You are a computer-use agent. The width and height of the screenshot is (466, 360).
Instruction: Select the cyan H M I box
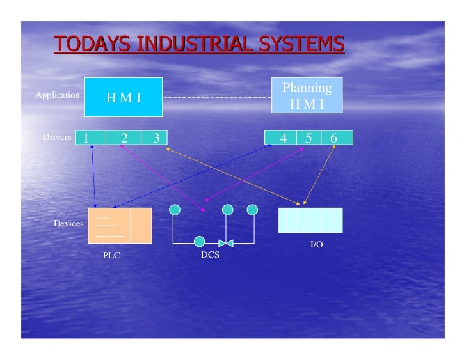tap(124, 97)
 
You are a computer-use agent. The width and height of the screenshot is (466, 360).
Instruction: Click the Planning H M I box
tap(307, 95)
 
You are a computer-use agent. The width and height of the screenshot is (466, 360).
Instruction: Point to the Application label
tap(58, 95)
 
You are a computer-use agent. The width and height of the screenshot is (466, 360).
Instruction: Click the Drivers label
tap(57, 137)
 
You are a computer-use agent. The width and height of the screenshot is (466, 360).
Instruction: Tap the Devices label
tap(68, 223)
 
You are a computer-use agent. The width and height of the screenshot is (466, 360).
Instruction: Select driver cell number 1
tap(90, 137)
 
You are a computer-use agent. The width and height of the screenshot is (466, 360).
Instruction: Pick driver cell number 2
tap(124, 137)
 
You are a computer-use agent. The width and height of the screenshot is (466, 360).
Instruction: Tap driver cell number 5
tap(308, 137)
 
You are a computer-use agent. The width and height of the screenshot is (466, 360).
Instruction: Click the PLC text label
tap(111, 255)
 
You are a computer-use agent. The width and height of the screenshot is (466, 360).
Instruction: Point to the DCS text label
tap(210, 254)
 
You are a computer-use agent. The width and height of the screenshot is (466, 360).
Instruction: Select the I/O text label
tap(316, 245)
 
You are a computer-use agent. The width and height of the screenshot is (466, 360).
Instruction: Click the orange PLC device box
tap(120, 225)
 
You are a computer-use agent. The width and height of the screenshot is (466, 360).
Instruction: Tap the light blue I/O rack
tap(310, 220)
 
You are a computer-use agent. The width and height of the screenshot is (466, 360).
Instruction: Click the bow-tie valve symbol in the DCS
tap(226, 242)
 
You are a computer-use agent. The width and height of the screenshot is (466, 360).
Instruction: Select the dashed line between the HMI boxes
tap(218, 97)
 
